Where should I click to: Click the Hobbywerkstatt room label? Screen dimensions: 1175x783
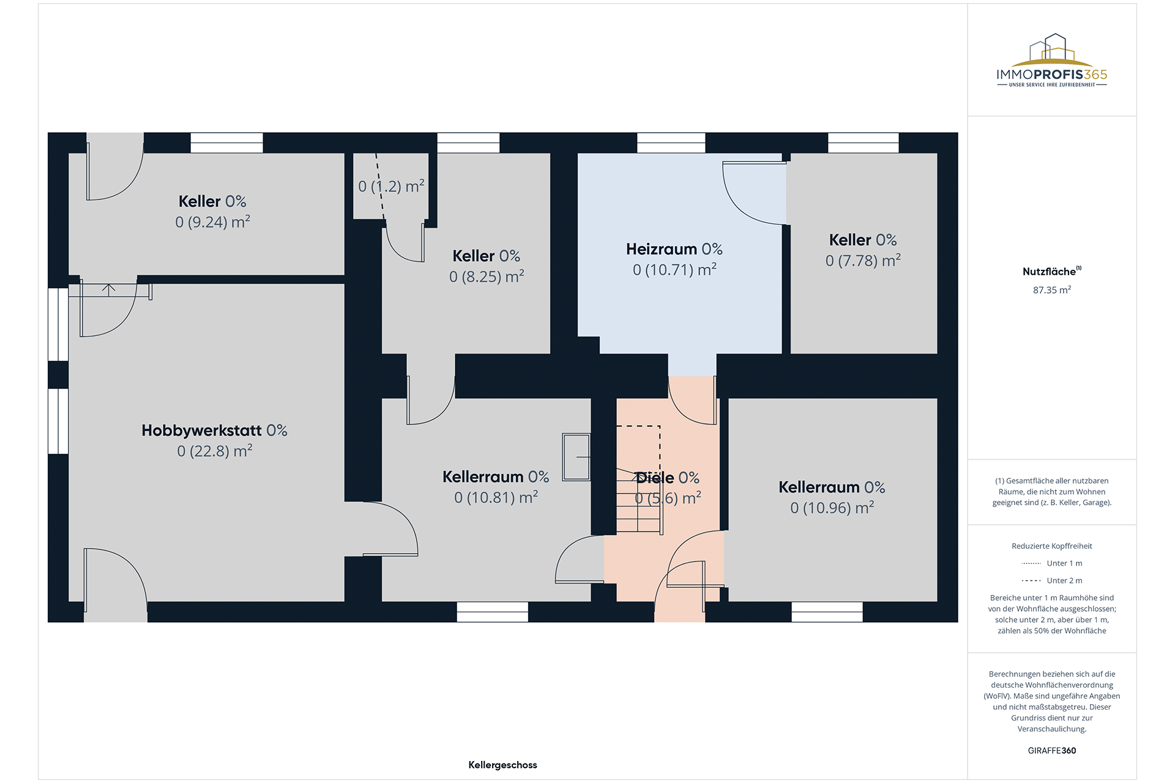click(x=214, y=431)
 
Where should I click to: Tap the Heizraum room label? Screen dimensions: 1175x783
click(x=674, y=250)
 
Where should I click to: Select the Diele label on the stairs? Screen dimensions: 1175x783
click(x=667, y=478)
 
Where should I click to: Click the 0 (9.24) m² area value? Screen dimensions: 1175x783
click(x=212, y=222)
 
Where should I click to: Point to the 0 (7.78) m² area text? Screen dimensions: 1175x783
click(x=863, y=261)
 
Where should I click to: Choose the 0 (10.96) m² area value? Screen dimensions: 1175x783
click(x=832, y=508)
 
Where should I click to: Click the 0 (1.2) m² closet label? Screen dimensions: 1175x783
click(x=391, y=187)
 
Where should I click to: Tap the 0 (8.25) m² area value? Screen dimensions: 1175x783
click(x=487, y=276)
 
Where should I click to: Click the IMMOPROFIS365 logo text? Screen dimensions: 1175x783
click(x=1051, y=75)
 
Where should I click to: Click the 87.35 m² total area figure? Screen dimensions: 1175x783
click(x=1051, y=290)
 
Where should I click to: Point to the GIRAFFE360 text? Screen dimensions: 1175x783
click(x=1051, y=751)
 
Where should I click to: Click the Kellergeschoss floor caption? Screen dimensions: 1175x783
click(x=502, y=765)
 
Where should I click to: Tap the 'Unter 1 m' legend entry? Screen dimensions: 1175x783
click(x=1051, y=563)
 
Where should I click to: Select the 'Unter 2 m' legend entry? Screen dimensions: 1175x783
click(x=1051, y=581)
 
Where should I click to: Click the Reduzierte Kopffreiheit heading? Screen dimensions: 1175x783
click(x=1051, y=546)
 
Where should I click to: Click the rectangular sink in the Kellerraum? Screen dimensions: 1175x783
click(x=576, y=457)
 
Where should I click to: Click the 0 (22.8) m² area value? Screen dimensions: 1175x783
click(x=214, y=451)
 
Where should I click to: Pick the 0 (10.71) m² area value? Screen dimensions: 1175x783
click(x=674, y=270)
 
